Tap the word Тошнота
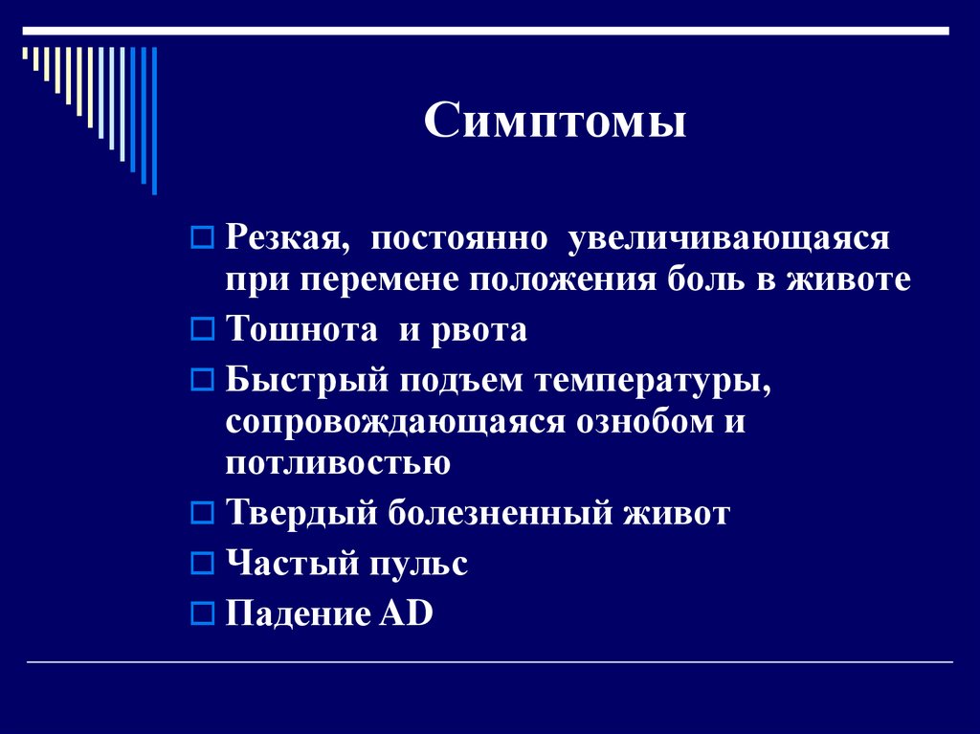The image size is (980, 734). coord(301,330)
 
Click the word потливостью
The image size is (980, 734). coord(339,463)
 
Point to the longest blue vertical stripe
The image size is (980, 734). coord(154,120)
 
